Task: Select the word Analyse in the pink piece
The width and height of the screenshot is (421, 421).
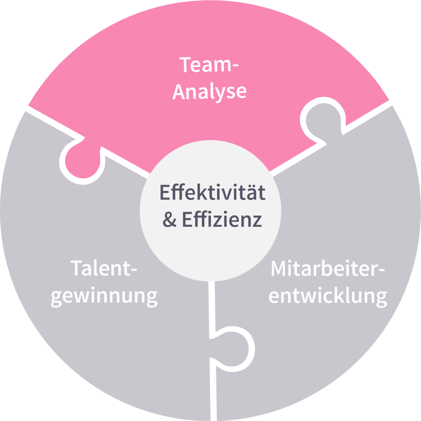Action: [210, 92]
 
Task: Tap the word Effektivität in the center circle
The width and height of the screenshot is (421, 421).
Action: [212, 193]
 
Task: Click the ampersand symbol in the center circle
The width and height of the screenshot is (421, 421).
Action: [170, 219]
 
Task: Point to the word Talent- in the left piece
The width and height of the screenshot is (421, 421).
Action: [104, 268]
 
